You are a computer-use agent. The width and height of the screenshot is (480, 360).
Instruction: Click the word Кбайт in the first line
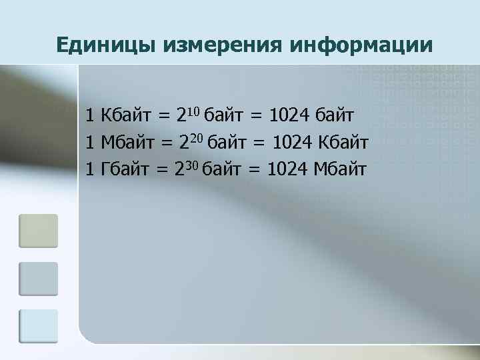coord(127,116)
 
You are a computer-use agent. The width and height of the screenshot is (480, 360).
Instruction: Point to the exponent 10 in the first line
coord(193,110)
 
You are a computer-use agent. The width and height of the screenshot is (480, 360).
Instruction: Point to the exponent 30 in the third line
coord(191,163)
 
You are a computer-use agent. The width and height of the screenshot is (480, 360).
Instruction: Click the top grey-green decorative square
coord(39,231)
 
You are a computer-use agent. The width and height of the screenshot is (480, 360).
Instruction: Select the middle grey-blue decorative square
coord(39,279)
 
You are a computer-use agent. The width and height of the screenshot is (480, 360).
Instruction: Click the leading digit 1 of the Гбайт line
coord(91,169)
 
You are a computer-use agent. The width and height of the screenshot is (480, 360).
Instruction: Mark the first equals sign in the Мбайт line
coord(164,143)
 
